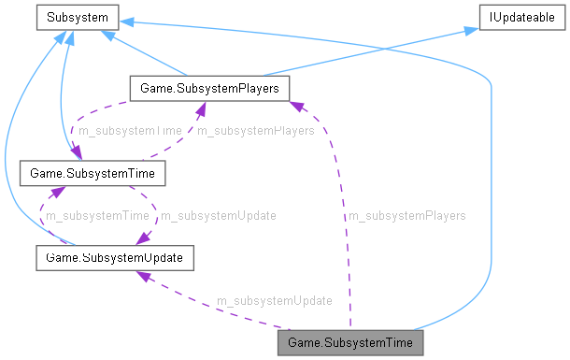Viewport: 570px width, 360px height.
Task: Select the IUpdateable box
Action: (x=518, y=16)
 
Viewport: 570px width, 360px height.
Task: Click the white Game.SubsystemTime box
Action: (x=93, y=173)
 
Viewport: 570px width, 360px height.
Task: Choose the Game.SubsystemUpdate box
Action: (x=114, y=256)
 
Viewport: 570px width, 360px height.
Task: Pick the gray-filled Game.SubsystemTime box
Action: (x=351, y=342)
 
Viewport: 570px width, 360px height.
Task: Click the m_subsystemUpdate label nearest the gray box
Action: (x=274, y=301)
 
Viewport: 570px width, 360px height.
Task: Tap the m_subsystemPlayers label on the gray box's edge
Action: (x=406, y=216)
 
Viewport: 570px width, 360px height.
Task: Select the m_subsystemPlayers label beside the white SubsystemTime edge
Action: (x=255, y=132)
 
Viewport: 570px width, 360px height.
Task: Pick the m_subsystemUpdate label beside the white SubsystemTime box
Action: (x=218, y=216)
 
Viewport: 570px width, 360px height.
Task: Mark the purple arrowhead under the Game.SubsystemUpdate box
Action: (x=143, y=275)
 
